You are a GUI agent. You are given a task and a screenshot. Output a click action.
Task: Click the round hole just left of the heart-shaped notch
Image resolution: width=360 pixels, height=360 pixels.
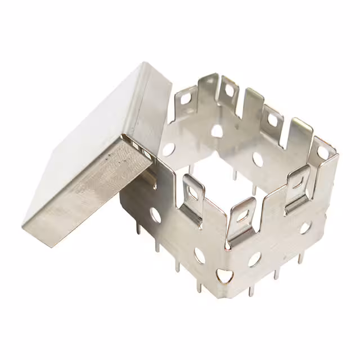tap(200, 255)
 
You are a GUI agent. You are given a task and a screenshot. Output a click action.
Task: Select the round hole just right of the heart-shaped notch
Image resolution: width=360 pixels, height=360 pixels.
tap(254, 259)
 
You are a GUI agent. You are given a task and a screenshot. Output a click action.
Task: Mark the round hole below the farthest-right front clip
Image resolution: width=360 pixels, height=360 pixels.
tap(305, 228)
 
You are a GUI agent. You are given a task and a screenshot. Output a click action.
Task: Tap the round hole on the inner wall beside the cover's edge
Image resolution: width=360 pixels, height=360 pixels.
tap(168, 150)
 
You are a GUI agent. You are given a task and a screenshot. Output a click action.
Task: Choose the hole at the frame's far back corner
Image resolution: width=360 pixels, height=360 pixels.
tap(217, 131)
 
